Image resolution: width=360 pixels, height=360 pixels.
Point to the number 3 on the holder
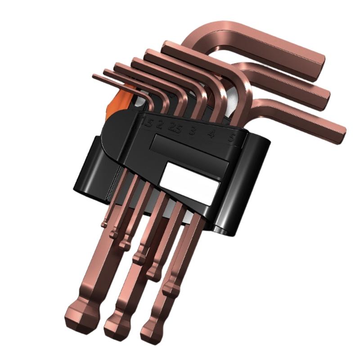point(192,130)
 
